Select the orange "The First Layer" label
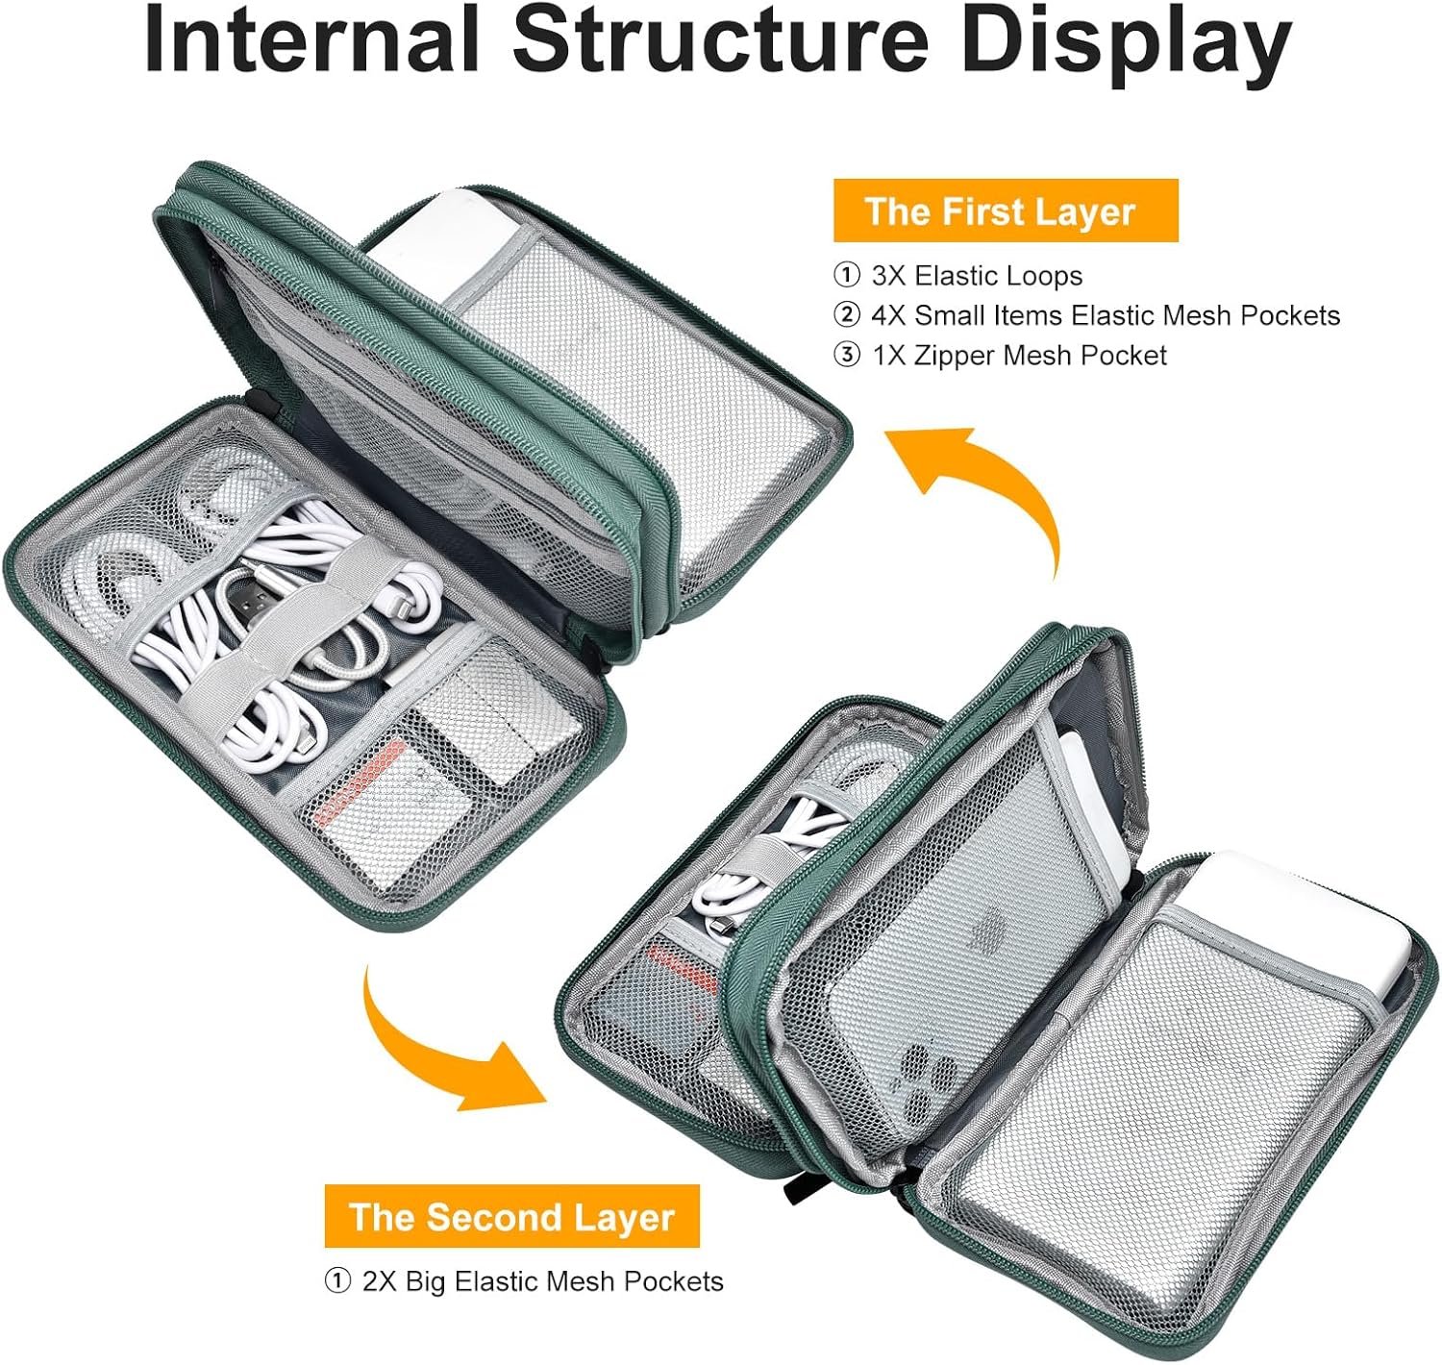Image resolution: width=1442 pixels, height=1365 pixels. click(1005, 211)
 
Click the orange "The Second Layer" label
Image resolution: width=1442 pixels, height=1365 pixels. click(511, 1216)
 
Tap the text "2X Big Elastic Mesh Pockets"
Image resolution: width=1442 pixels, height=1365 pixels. click(542, 1281)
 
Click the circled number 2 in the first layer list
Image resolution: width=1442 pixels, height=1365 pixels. click(846, 316)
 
